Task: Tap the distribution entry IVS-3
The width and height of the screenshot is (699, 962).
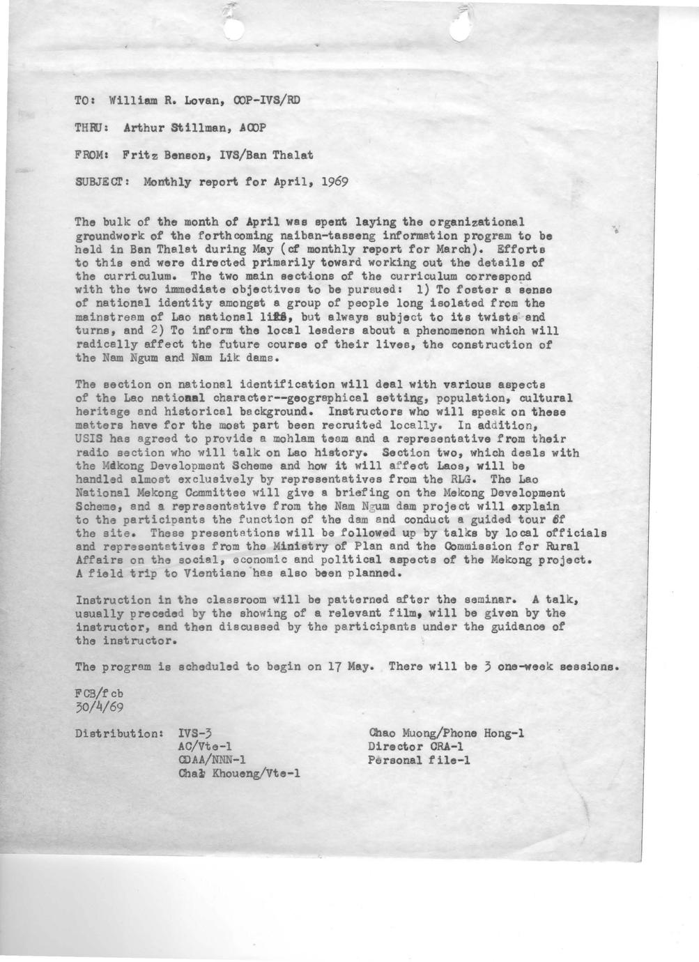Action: tap(197, 733)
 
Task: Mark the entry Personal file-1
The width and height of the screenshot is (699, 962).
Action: tap(418, 760)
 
